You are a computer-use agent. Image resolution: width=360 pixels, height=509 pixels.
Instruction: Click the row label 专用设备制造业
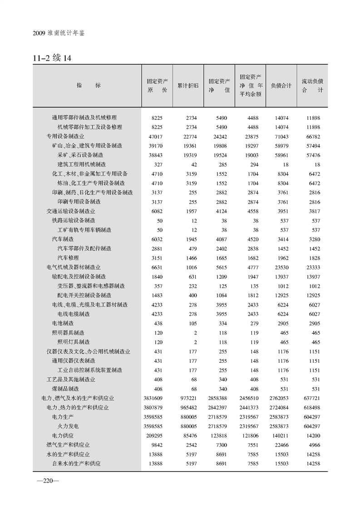(x=65, y=136)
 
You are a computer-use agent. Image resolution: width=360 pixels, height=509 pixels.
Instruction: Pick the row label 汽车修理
(x=68, y=258)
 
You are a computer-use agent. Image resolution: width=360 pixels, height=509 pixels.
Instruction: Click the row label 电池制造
(x=63, y=323)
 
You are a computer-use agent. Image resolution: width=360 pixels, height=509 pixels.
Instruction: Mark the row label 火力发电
(x=68, y=426)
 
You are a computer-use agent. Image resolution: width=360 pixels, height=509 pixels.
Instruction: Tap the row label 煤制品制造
(x=65, y=389)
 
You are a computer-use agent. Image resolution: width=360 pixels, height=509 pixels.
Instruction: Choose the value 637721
(x=311, y=398)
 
